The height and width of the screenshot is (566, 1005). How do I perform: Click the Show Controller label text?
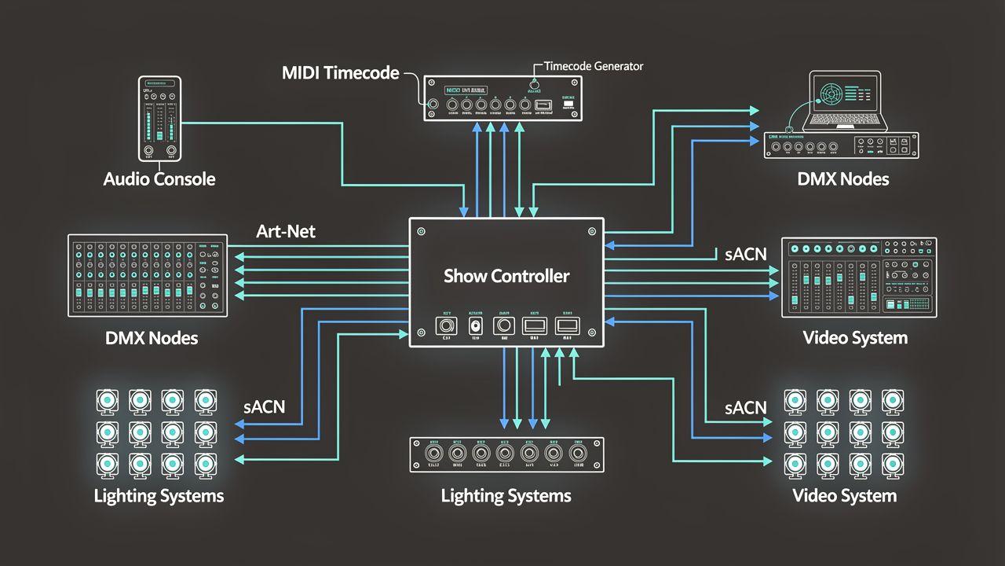[506, 276]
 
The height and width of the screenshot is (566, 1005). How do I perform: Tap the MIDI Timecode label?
[340, 73]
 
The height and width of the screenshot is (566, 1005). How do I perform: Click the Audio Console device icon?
[159, 119]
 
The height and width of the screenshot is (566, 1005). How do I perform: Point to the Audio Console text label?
[159, 179]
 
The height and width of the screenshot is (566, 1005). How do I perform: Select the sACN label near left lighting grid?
[263, 406]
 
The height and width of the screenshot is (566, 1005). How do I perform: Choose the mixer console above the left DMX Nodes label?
[148, 275]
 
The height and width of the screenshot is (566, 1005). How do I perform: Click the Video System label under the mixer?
[855, 338]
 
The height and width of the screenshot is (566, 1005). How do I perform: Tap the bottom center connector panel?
[507, 454]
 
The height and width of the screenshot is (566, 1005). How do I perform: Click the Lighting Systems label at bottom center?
[506, 496]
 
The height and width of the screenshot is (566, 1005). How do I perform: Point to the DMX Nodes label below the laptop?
[843, 179]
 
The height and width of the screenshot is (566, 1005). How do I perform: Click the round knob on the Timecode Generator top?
[536, 84]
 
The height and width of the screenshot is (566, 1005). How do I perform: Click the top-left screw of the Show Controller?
[421, 232]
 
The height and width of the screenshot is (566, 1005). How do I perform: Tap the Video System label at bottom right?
[844, 496]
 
